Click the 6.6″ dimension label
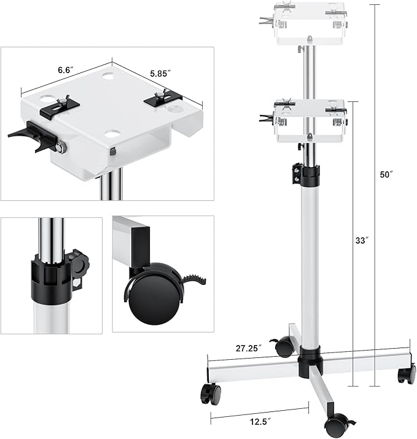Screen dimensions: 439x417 pos(64,70)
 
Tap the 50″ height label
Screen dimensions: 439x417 pos(386,174)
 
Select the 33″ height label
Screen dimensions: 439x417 pos(362,241)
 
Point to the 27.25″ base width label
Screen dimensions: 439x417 pos(248,348)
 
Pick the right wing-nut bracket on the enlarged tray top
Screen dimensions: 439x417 pos(163,97)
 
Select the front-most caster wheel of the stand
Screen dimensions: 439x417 pos(336,424)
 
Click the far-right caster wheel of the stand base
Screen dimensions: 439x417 pos(405,374)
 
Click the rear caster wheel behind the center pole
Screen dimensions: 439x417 pos(284,347)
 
